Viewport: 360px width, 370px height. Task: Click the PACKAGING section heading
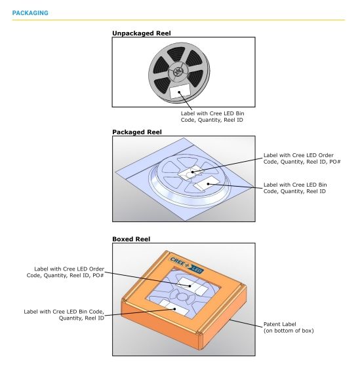tap(30, 13)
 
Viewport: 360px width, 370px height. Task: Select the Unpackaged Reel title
tap(141, 33)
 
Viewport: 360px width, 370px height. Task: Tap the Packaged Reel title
tap(137, 132)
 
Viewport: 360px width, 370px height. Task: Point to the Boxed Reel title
tap(131, 239)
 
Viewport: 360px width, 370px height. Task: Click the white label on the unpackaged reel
tap(180, 91)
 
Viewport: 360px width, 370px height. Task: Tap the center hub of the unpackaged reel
tap(177, 72)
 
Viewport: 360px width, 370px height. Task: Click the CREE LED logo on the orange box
tap(187, 265)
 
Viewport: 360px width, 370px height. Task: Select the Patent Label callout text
tap(289, 327)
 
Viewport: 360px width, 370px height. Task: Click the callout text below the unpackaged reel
tap(212, 117)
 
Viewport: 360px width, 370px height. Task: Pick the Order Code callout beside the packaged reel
tap(302, 158)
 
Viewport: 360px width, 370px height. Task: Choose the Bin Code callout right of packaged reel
tap(295, 188)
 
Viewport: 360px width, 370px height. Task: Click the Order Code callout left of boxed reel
tap(66, 272)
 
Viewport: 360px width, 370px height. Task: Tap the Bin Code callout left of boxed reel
tap(64, 315)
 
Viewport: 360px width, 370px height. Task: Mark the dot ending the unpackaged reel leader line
tap(180, 92)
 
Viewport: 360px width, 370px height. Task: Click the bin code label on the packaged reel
tap(207, 183)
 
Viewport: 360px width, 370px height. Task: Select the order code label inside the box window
tap(193, 286)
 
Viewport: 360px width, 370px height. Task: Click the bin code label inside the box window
tap(174, 307)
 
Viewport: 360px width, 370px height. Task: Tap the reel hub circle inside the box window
tap(182, 297)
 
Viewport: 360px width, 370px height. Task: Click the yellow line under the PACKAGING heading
tap(178, 20)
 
